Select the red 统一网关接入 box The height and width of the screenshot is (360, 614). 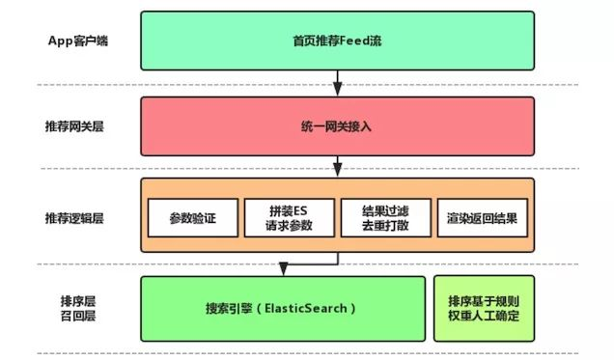(x=336, y=127)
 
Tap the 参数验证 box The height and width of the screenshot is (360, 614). (x=190, y=217)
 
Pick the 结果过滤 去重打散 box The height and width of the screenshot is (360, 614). (x=384, y=217)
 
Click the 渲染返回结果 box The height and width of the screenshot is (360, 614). (x=482, y=217)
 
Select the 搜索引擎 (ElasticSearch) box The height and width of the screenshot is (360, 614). (x=283, y=309)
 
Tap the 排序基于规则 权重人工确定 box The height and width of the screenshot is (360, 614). (x=484, y=309)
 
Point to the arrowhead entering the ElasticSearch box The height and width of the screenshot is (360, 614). (x=282, y=270)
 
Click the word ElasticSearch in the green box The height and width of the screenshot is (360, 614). (x=302, y=309)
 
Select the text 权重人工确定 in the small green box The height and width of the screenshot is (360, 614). (x=484, y=317)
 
